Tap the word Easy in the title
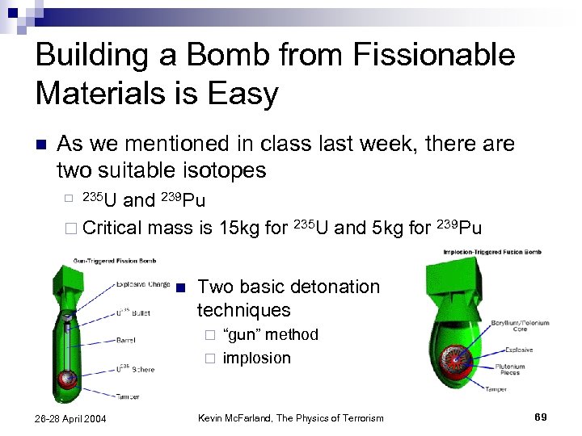(x=240, y=94)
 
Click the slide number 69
(x=541, y=416)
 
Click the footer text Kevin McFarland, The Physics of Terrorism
(x=291, y=417)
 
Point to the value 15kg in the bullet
(x=241, y=228)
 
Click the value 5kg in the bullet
(x=387, y=228)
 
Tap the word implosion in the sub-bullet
(x=256, y=358)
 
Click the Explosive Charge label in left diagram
(x=142, y=284)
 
